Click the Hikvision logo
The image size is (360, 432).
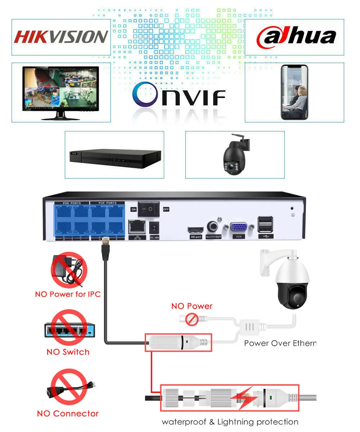(x=61, y=37)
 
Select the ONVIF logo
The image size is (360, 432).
(x=179, y=94)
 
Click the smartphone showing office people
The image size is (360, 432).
(x=294, y=92)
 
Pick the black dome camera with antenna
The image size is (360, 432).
(x=234, y=154)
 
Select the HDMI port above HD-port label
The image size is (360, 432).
(x=194, y=230)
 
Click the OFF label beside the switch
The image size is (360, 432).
(x=166, y=209)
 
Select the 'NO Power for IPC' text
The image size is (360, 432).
(x=68, y=294)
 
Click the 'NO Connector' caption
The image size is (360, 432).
(x=68, y=414)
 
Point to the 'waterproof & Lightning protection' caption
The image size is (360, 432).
(x=230, y=422)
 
